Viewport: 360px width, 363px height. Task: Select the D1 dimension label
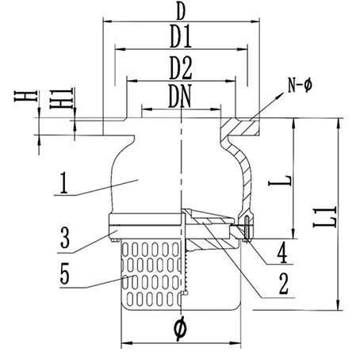point(182,36)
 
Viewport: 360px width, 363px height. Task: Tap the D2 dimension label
point(182,67)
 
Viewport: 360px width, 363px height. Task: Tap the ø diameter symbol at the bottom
point(180,325)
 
